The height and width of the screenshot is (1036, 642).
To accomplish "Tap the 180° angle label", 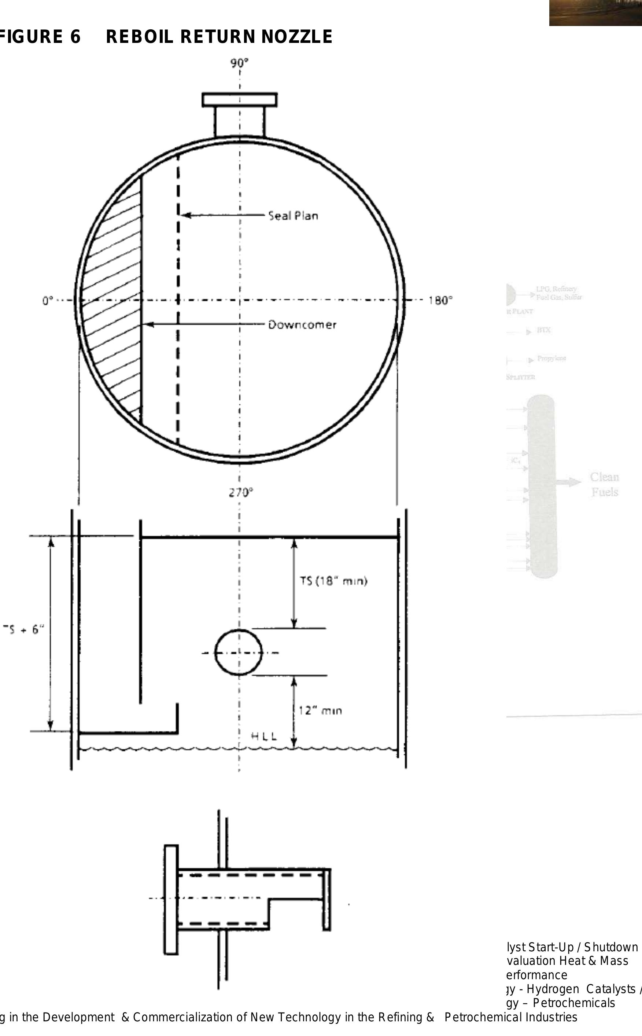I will (x=440, y=301).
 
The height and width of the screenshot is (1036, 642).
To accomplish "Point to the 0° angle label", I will (x=48, y=301).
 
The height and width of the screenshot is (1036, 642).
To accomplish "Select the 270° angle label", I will (x=241, y=492).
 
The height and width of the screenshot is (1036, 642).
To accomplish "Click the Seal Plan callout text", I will (x=293, y=216).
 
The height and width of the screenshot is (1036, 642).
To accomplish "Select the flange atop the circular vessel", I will (x=240, y=100).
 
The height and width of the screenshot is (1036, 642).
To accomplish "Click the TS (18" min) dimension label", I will (x=333, y=581).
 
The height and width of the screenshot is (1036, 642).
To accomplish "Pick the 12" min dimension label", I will (x=320, y=710).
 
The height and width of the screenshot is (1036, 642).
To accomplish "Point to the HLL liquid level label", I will (x=264, y=736).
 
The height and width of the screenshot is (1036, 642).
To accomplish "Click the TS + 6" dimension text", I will (x=23, y=629).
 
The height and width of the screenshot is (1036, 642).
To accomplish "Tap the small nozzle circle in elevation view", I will (x=238, y=653).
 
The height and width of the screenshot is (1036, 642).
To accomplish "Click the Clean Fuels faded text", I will (x=604, y=484).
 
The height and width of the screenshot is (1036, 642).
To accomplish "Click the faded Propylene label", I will (x=551, y=358).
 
